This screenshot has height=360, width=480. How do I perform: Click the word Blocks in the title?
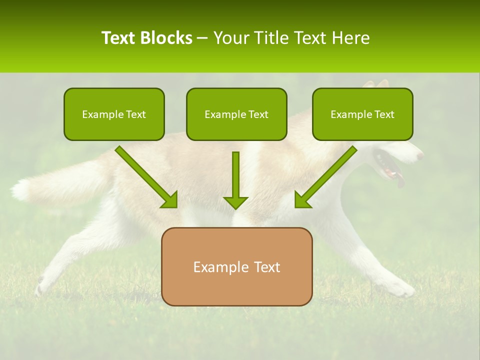click(x=166, y=38)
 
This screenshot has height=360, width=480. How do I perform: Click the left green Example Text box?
click(x=114, y=114)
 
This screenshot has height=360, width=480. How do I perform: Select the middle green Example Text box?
click(x=236, y=114)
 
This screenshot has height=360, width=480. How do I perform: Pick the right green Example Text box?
click(x=362, y=114)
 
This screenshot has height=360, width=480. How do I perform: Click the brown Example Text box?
click(x=236, y=266)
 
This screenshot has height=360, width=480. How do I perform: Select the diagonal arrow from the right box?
click(x=325, y=177)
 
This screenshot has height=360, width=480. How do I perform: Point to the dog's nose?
click(x=420, y=156)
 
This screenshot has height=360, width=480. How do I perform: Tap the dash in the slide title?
click(x=202, y=38)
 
